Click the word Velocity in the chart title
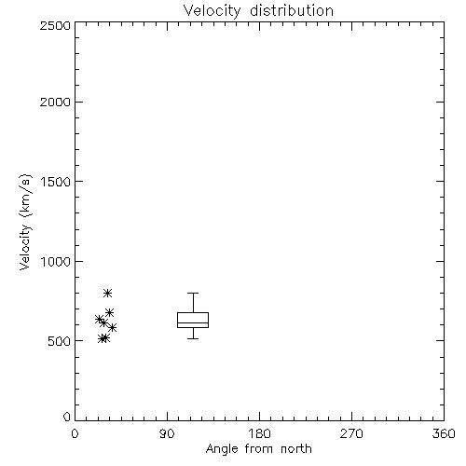(x=212, y=11)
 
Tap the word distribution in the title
(x=292, y=10)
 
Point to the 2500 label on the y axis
(x=55, y=25)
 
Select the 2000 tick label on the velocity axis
(x=55, y=102)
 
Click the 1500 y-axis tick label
(x=56, y=181)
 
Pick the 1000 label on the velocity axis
(x=56, y=261)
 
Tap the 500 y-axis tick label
(x=60, y=341)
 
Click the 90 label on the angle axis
(x=167, y=433)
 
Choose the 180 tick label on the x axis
(x=259, y=433)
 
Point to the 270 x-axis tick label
(x=351, y=433)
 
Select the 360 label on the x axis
(x=444, y=433)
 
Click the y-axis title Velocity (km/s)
(x=25, y=222)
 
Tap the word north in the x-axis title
(x=296, y=449)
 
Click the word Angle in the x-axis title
(x=222, y=449)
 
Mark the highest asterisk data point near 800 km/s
(x=107, y=293)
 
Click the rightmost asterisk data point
(x=113, y=327)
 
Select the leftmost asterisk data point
(x=99, y=319)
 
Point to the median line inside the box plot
(x=193, y=322)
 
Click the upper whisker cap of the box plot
(x=193, y=293)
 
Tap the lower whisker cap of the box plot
(x=193, y=338)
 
